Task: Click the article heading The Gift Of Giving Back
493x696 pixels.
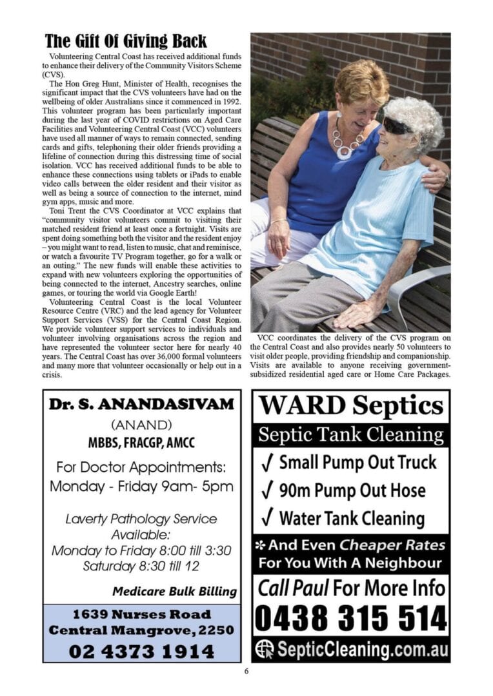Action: [x=126, y=42]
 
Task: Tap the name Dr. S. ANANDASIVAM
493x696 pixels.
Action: [x=141, y=405]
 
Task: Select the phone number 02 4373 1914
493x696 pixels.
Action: [x=141, y=651]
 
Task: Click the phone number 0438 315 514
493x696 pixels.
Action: [x=351, y=619]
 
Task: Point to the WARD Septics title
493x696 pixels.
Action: [x=351, y=406]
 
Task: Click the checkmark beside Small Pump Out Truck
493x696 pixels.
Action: [x=267, y=461]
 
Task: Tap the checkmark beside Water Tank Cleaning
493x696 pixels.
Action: [x=267, y=517]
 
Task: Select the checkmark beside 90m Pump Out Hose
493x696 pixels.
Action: [x=267, y=489]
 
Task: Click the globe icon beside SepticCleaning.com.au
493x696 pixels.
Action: [x=265, y=648]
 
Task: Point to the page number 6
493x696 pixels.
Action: [x=246, y=671]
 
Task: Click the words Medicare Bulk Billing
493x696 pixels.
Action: [x=174, y=591]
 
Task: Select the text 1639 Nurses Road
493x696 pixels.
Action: [x=141, y=614]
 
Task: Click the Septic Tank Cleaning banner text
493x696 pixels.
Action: [x=351, y=435]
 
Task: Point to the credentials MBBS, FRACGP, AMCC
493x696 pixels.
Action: [x=141, y=443]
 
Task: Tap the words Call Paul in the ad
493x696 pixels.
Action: [x=293, y=588]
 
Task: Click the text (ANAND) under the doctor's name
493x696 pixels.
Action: [x=141, y=425]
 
